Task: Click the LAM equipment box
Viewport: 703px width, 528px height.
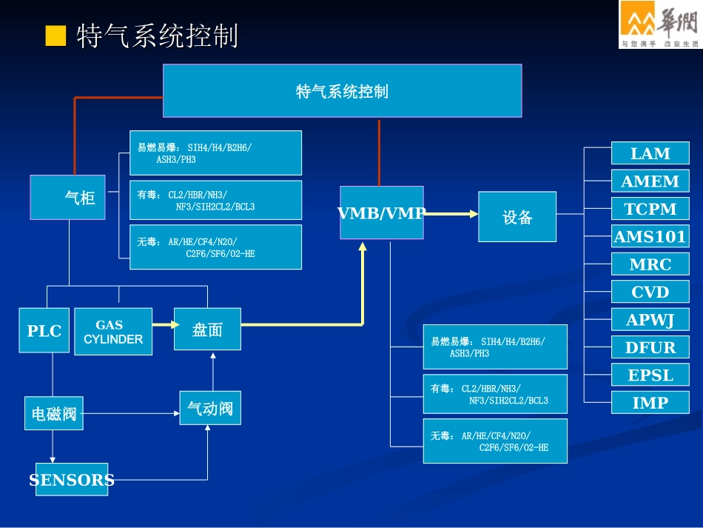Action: (x=650, y=153)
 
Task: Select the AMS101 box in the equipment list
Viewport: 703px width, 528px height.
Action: (x=650, y=237)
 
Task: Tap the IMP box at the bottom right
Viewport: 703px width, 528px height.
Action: (x=650, y=403)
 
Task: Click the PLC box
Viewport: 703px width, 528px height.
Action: (x=44, y=330)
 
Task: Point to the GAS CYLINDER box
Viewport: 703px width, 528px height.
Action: (x=113, y=332)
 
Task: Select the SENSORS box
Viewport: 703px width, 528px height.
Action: (x=72, y=480)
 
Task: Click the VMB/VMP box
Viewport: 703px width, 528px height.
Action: (x=381, y=213)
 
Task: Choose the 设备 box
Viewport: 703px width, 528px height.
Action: (x=517, y=217)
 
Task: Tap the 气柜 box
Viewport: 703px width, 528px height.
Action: (x=67, y=198)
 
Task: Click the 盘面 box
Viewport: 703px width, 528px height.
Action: (x=207, y=330)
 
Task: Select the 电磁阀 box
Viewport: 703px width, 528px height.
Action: (x=54, y=412)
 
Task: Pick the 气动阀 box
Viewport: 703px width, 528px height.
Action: (x=210, y=408)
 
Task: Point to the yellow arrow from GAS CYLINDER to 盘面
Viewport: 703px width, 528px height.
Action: (x=164, y=324)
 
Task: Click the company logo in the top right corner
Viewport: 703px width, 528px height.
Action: (x=659, y=24)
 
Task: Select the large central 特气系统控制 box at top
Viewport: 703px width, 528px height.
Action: (x=342, y=91)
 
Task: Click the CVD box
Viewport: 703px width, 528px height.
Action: (x=650, y=292)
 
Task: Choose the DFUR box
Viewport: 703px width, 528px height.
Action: (x=650, y=347)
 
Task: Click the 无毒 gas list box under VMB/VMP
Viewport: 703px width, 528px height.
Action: (x=495, y=441)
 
